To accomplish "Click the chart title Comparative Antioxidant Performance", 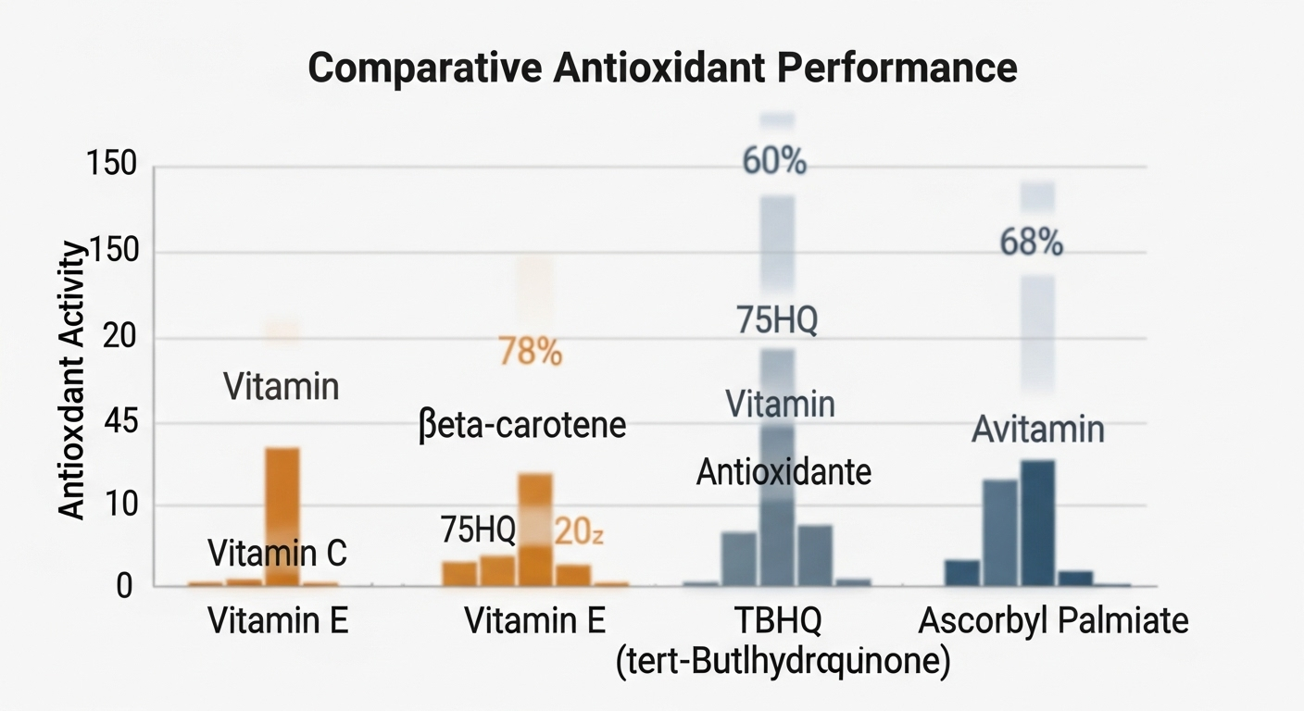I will pos(661,69).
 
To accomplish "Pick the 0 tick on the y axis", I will pos(124,587).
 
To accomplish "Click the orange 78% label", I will pos(530,352).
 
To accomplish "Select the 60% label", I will pos(774,162).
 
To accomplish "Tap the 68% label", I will pos(1032,243).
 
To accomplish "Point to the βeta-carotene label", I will pos(522,427).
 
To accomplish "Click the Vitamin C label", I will pos(277,554).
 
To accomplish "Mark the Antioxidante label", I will pos(784,473).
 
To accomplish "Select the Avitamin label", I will pos(1037,430).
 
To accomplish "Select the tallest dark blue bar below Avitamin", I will pos(1037,523).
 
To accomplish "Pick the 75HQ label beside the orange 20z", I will pos(478,530).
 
